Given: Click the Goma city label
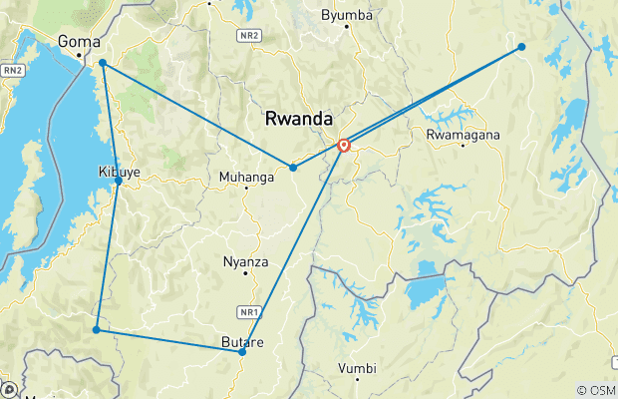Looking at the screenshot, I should tap(80, 41).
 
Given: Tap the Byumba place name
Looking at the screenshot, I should tap(347, 15).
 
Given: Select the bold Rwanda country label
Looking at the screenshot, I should tap(299, 119).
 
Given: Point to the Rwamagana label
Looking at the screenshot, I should tap(463, 135).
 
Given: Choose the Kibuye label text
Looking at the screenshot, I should tap(118, 171).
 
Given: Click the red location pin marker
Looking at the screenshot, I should tap(344, 146).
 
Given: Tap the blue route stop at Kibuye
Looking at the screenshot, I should tap(119, 182).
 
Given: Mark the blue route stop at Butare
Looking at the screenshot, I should tap(242, 352).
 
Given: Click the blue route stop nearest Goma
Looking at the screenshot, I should tap(103, 63).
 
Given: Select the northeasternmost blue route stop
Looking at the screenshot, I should tap(521, 46).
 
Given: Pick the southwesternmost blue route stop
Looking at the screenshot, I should tap(96, 329).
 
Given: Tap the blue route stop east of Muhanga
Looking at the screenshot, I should tap(293, 168).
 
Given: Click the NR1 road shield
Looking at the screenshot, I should tap(249, 310).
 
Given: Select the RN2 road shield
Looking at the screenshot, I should tap(12, 70).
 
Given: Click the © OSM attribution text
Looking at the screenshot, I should tap(596, 391).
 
